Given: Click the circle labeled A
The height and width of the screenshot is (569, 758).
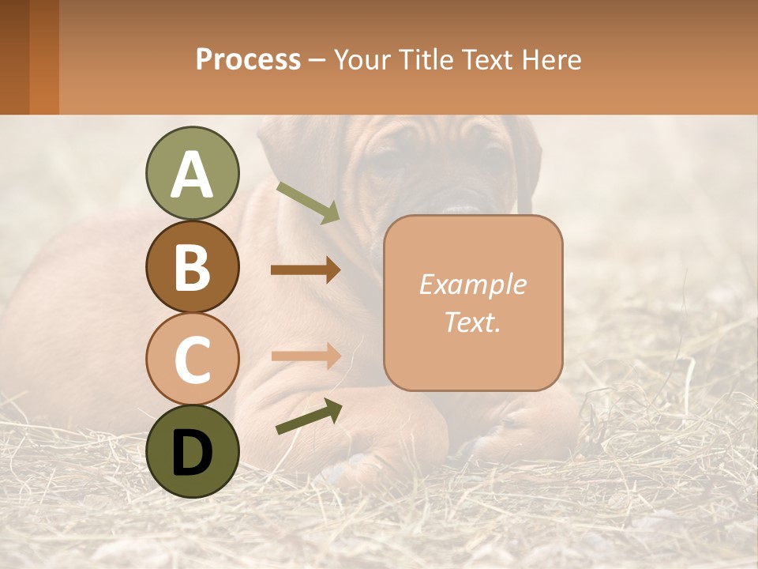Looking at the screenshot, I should [x=192, y=174].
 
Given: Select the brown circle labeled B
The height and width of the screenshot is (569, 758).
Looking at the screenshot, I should [x=192, y=267].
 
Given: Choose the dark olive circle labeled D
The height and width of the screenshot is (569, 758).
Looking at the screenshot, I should [x=192, y=451].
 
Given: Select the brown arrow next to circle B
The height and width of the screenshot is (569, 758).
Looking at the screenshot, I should [x=306, y=270].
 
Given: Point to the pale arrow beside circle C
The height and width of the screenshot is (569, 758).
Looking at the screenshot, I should [x=306, y=356].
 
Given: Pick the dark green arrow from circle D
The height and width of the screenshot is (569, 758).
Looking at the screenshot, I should [x=309, y=416].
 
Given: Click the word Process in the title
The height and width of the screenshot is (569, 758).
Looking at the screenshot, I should [x=248, y=59].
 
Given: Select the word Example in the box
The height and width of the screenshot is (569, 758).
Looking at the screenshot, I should [x=472, y=284].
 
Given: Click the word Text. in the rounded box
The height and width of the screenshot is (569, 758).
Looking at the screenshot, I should [x=472, y=322].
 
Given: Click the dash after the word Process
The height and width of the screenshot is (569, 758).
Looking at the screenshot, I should [x=317, y=61].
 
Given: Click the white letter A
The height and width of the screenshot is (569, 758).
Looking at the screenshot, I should [x=192, y=174].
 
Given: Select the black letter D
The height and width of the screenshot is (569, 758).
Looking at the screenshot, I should [x=192, y=452].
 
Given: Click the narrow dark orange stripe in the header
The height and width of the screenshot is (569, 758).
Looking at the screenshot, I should [x=44, y=57].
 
